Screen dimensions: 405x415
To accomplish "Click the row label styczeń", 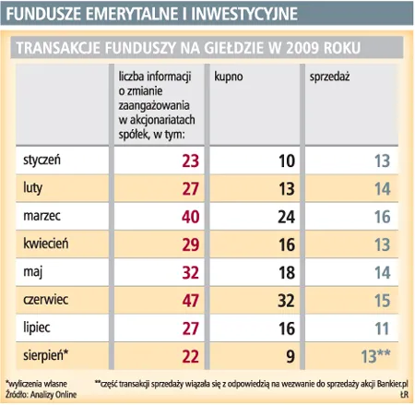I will click(x=40, y=161).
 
